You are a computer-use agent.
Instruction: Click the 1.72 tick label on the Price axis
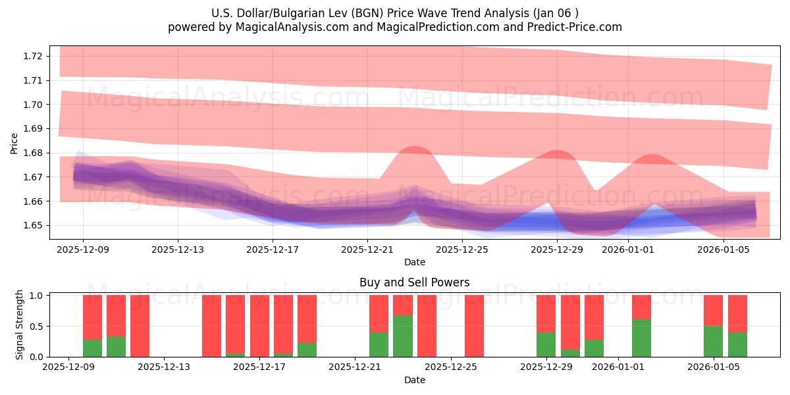point(32,57)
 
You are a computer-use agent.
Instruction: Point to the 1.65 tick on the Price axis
point(32,225)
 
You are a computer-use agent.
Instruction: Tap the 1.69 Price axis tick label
point(32,129)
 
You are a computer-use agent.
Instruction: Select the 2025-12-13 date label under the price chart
point(178,250)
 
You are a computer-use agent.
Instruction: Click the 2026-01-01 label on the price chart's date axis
point(628,250)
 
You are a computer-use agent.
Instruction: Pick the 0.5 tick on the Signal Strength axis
point(37,327)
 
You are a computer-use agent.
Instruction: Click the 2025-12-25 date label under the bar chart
point(451,367)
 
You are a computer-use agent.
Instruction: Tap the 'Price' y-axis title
point(14,144)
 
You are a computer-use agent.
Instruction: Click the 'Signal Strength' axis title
point(19,325)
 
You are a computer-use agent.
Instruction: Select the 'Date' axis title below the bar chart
point(415,380)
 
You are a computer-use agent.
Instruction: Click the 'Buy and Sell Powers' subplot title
point(414,282)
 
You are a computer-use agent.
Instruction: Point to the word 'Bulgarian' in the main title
point(296,13)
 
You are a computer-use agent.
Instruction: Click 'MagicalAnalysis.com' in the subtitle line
point(292,27)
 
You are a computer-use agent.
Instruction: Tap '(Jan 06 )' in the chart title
point(556,13)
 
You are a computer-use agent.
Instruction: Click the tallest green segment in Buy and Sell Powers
point(403,336)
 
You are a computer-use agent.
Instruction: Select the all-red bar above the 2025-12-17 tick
point(259,326)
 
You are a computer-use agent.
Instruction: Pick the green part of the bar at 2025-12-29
point(546,344)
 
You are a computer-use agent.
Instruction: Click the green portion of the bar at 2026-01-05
point(713,342)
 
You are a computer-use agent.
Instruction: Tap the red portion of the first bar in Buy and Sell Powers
point(92,317)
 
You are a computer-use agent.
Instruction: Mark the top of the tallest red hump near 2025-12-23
point(415,146)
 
